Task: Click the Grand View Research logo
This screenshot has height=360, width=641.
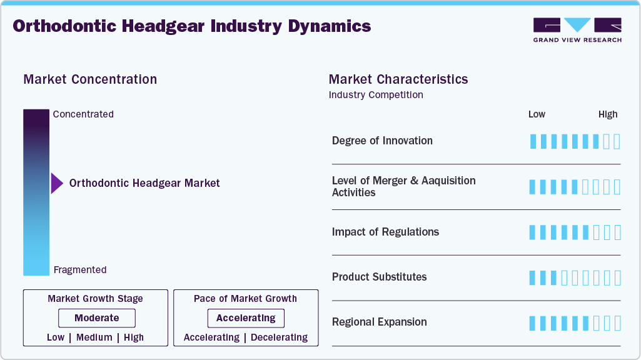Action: (x=577, y=29)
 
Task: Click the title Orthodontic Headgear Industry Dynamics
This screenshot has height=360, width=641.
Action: (x=191, y=26)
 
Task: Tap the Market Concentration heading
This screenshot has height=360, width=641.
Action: (x=90, y=79)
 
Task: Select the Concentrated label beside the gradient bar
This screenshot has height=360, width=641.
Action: (x=83, y=114)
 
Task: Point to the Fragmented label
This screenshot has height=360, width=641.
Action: (x=80, y=270)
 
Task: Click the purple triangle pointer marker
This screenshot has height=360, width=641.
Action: (x=56, y=183)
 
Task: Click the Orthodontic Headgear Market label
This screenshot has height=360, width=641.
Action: (x=144, y=183)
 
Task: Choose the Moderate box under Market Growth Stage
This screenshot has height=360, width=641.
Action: (x=96, y=318)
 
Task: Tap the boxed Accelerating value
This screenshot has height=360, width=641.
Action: (x=246, y=318)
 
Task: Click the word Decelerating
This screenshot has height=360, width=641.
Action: (x=279, y=337)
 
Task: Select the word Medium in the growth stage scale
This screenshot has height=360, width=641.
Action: (x=94, y=337)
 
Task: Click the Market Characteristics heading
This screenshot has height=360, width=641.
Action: (x=398, y=79)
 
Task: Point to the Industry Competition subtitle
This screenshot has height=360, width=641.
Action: (x=376, y=95)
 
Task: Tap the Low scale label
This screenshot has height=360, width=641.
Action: (x=537, y=114)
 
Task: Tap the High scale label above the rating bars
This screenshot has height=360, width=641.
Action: (x=608, y=114)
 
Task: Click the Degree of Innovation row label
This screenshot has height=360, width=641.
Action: (x=382, y=141)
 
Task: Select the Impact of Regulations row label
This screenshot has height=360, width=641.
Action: (x=385, y=232)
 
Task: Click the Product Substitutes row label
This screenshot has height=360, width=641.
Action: (x=379, y=277)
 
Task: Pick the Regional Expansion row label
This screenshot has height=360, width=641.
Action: (x=379, y=322)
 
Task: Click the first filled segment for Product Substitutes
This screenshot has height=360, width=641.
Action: (x=533, y=277)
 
